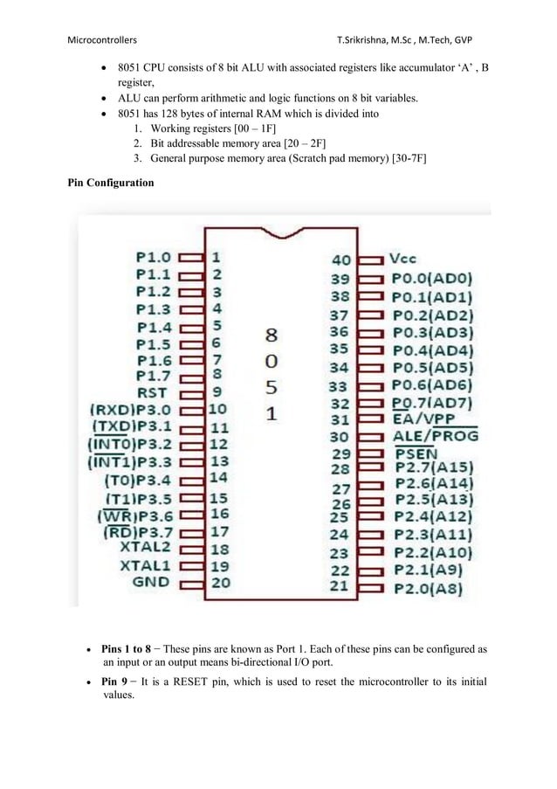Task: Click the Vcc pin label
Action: click(x=403, y=260)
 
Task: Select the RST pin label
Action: click(x=152, y=393)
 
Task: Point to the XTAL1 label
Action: click(x=147, y=565)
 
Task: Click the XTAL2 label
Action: click(x=147, y=548)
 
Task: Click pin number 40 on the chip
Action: click(x=342, y=260)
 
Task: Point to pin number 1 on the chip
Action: click(x=216, y=259)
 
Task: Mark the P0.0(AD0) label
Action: click(x=431, y=279)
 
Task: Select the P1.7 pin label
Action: click(x=154, y=375)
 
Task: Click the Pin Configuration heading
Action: click(x=111, y=183)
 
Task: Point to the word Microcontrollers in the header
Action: click(x=102, y=41)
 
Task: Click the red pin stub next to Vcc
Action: click(x=371, y=260)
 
